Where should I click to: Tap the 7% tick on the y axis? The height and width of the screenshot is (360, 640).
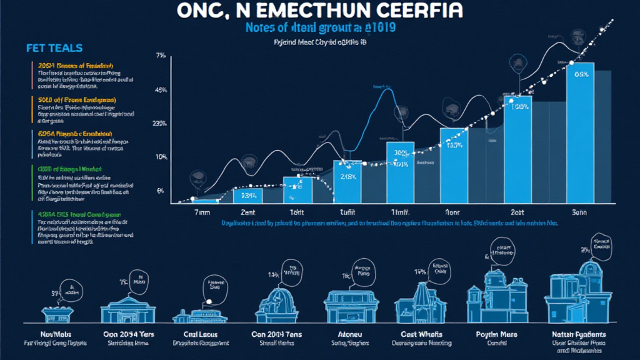tap(160, 56)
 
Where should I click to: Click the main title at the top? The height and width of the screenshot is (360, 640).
tap(320, 12)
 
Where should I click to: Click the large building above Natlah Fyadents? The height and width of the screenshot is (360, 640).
tap(578, 294)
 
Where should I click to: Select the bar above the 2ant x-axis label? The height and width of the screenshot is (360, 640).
tap(248, 195)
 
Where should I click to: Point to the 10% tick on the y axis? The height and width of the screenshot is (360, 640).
tap(160, 156)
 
